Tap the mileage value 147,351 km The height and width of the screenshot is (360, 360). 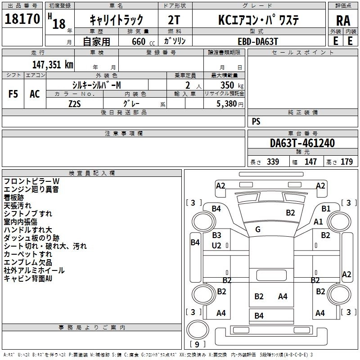[x=52, y=64]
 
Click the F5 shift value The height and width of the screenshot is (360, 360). [x=13, y=94]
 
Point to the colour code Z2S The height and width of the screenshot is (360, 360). [x=75, y=103]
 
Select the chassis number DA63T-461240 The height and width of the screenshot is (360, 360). [x=302, y=144]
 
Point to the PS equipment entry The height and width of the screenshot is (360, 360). [x=256, y=121]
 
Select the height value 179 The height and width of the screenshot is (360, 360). [x=346, y=162]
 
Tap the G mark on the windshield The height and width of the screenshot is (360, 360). [x=258, y=229]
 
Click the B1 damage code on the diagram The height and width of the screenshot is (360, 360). [x=326, y=208]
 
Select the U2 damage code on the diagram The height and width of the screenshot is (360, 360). [x=216, y=245]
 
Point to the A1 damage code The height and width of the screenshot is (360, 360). [x=318, y=221]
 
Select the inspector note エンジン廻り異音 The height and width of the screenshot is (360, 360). [x=31, y=189]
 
